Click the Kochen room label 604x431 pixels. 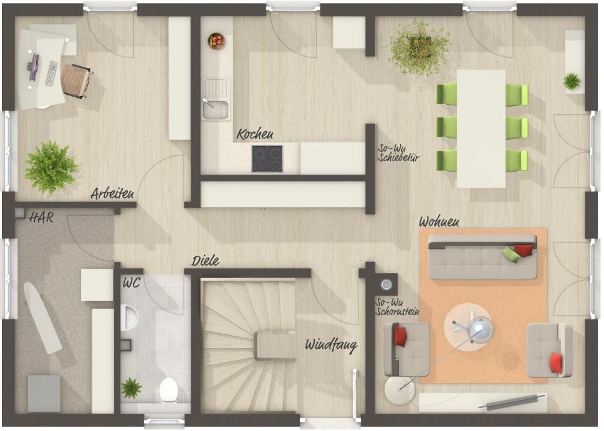point(254,134)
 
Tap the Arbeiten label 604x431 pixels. point(112,193)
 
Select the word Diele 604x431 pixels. point(206,261)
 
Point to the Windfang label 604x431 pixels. point(331,346)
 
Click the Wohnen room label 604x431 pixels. point(439,222)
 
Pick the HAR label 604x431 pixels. point(41,218)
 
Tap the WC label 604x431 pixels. point(132,283)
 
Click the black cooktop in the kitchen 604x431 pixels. point(267,158)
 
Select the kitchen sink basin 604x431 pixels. point(215,109)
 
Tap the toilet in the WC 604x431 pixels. point(168,389)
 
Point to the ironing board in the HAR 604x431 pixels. point(42,317)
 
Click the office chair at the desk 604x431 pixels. point(76,80)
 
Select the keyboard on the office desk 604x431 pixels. point(52,73)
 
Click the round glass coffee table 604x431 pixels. point(469,327)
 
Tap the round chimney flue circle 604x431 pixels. point(386,285)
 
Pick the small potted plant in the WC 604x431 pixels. point(132,388)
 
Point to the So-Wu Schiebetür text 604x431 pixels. point(398,153)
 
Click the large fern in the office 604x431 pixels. point(51,168)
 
